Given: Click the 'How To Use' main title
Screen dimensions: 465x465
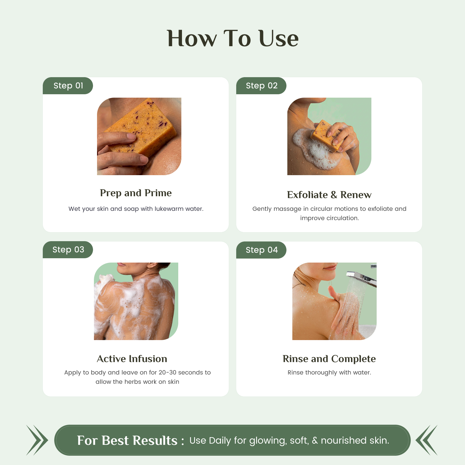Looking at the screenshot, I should pyautogui.click(x=232, y=38).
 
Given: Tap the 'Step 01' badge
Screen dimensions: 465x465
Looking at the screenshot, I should pyautogui.click(x=68, y=86).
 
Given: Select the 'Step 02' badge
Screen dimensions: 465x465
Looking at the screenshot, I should pyautogui.click(x=261, y=86).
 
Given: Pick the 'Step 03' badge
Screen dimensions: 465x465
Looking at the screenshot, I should pyautogui.click(x=68, y=250).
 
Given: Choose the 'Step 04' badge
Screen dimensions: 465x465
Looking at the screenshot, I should pyautogui.click(x=261, y=250).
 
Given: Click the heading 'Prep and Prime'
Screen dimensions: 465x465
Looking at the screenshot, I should pyautogui.click(x=136, y=193).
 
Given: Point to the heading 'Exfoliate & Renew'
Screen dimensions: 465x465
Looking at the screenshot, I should pyautogui.click(x=329, y=195).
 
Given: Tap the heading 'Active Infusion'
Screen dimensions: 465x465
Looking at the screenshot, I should pyautogui.click(x=132, y=359).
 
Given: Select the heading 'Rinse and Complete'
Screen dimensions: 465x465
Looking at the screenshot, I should pyautogui.click(x=329, y=359).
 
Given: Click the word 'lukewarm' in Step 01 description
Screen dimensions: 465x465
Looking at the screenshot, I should pyautogui.click(x=169, y=209).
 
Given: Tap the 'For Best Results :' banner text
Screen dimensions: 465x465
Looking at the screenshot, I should pyautogui.click(x=130, y=440).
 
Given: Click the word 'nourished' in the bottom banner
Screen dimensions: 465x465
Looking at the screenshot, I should pyautogui.click(x=339, y=440).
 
